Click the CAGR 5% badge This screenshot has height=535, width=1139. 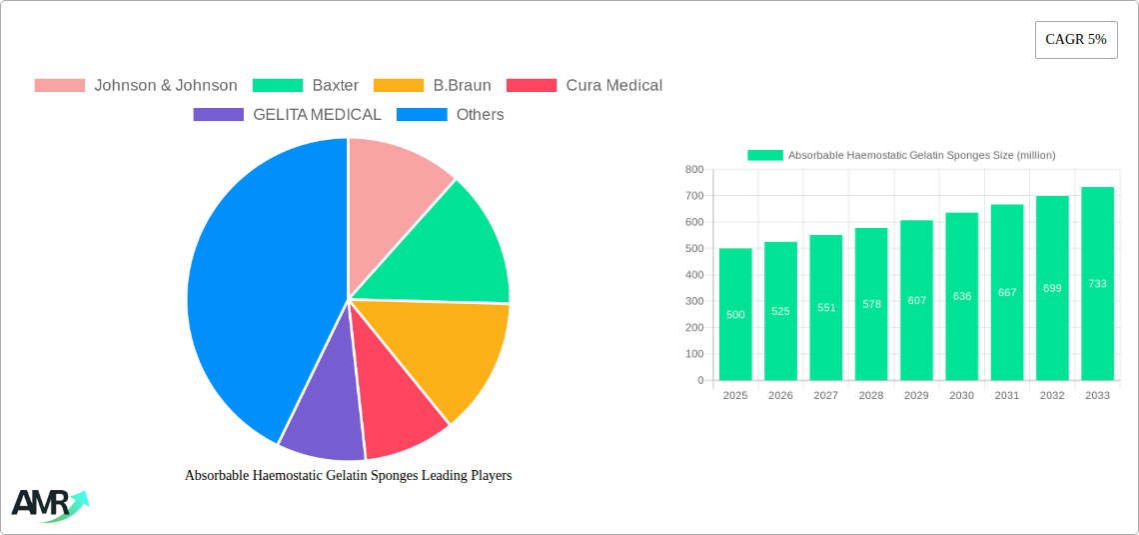click(1075, 40)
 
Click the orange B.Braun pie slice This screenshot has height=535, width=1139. click(445, 350)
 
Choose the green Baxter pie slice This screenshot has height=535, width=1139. click(450, 250)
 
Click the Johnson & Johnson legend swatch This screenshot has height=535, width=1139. click(59, 86)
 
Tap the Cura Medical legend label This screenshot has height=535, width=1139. click(613, 86)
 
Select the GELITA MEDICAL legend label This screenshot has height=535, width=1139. click(317, 115)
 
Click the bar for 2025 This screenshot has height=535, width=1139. click(735, 314)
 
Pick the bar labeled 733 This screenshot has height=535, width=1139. click(1097, 283)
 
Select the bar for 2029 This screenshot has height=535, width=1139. click(916, 300)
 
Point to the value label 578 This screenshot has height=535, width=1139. click(871, 304)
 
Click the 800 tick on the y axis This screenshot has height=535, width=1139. click(693, 170)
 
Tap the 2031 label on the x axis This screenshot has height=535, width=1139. click(1006, 396)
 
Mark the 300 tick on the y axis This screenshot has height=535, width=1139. click(693, 301)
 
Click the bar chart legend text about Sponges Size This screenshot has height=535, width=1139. click(921, 155)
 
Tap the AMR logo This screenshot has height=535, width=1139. click(48, 504)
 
